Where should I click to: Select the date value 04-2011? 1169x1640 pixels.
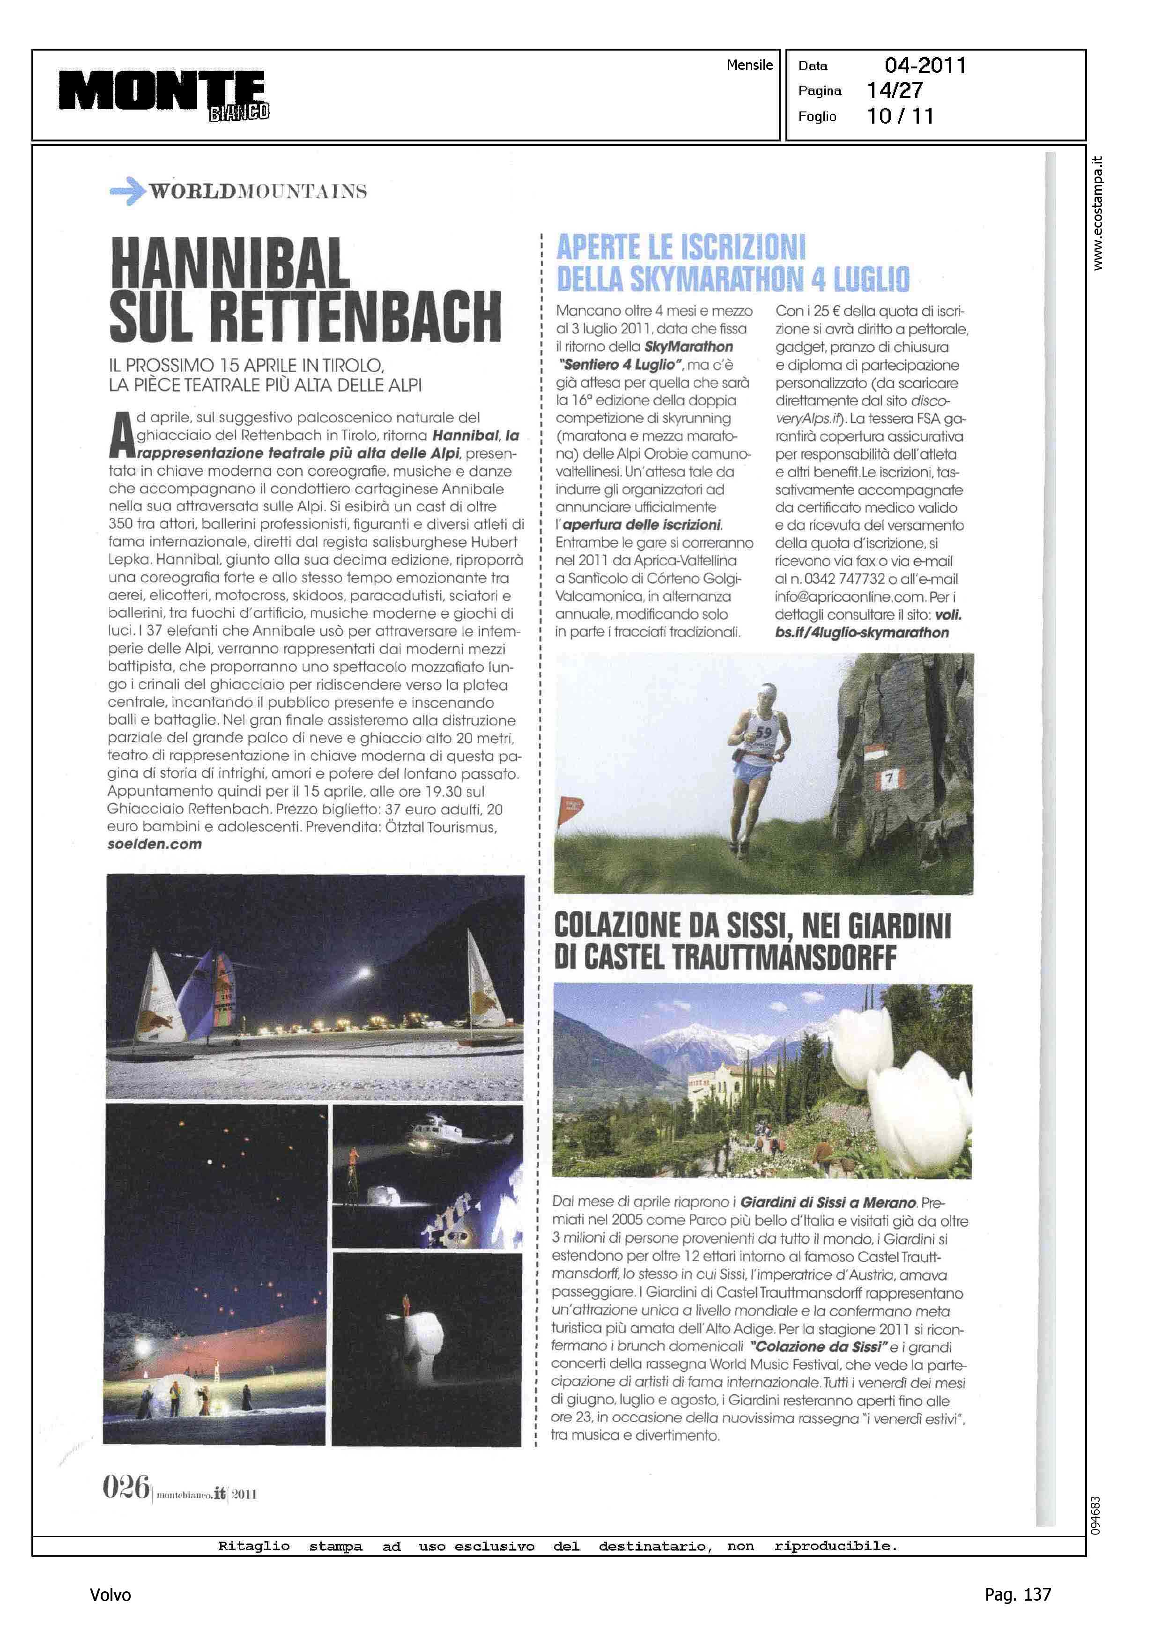tap(925, 66)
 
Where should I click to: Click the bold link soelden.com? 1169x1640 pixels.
tap(155, 844)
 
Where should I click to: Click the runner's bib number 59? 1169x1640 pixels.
tap(763, 732)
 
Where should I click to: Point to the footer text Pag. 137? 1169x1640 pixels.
tap(1018, 1595)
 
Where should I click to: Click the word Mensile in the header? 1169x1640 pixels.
tap(749, 65)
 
